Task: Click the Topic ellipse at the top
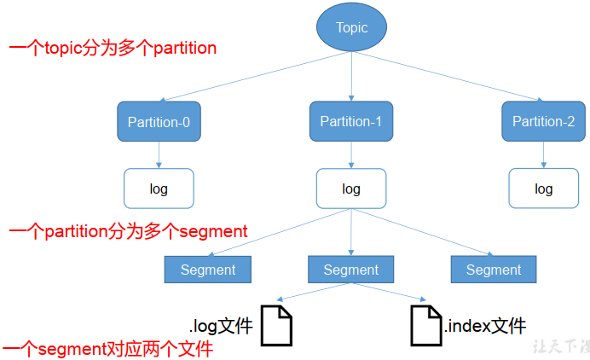coord(351,27)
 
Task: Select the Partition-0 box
coord(159,122)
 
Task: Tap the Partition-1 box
coord(351,121)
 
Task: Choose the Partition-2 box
coord(543,121)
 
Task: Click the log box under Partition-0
coord(159,189)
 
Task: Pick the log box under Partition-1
coord(351,189)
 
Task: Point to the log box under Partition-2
coord(543,189)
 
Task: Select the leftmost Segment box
coord(207,270)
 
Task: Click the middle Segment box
coord(350,270)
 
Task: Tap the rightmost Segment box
coord(494,270)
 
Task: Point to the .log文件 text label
coord(221,325)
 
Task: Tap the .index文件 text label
coord(485,325)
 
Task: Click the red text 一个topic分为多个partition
coord(113,48)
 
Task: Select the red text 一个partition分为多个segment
coord(128,230)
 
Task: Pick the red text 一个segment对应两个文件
coord(107,350)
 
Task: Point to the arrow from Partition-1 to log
coord(351,154)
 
